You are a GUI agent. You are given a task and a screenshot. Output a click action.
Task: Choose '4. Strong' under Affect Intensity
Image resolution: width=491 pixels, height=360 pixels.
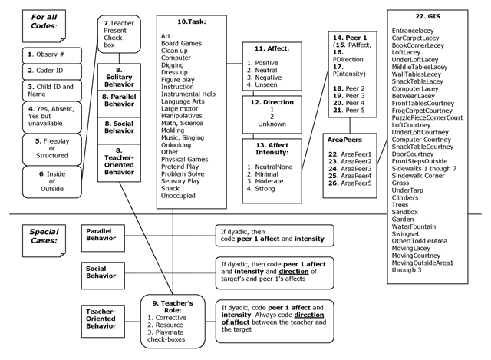click(x=265, y=188)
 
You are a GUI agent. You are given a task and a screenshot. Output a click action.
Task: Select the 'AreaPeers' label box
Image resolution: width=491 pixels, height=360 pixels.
click(x=346, y=141)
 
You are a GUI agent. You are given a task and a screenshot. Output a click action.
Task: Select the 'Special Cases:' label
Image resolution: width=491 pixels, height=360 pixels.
click(x=41, y=234)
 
